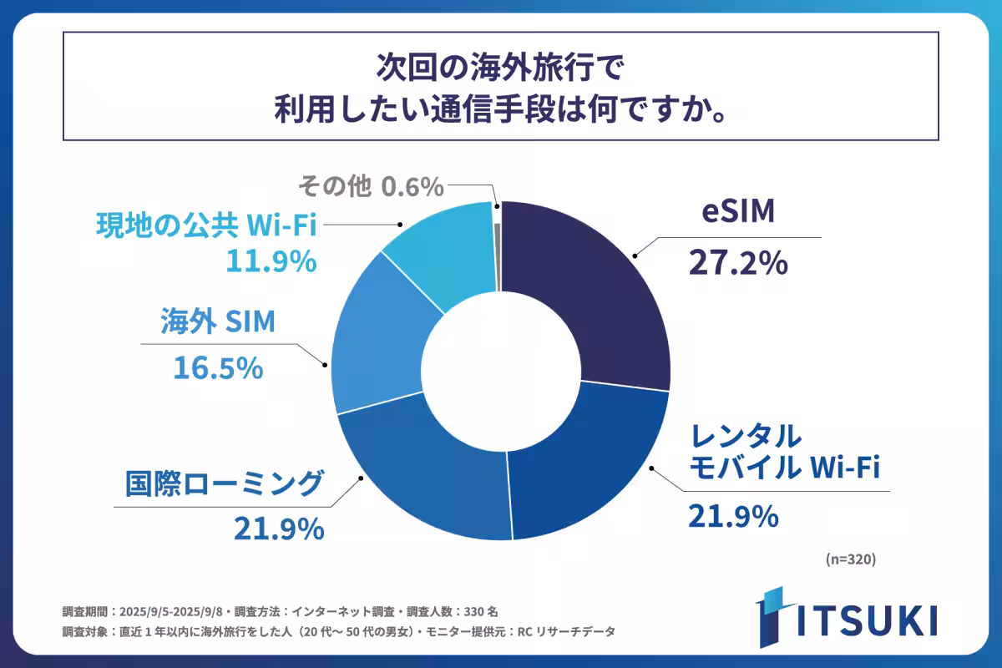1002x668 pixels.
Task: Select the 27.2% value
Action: [x=737, y=263]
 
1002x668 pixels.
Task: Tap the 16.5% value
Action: [x=219, y=367]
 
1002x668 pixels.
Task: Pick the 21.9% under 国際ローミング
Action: [x=278, y=528]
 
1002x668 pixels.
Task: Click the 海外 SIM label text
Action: [x=218, y=321]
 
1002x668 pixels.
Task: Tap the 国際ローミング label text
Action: [x=224, y=483]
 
